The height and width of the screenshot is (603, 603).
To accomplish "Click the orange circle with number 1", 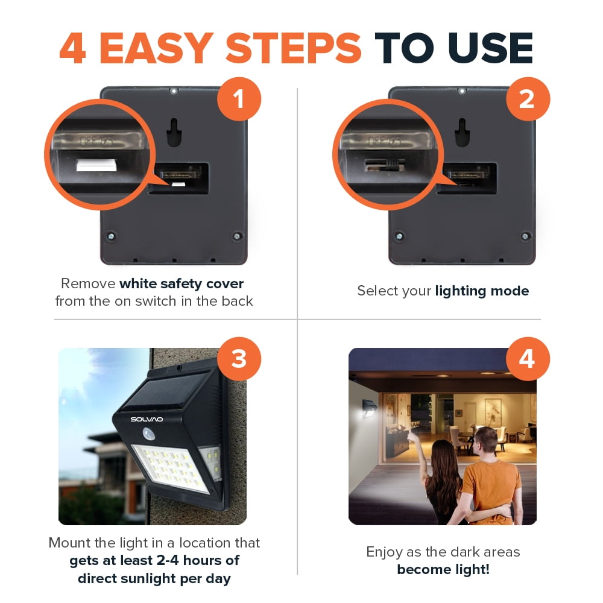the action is (x=239, y=99).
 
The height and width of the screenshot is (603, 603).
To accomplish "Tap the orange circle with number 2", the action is (x=528, y=99).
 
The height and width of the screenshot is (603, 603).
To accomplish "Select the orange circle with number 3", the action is (x=239, y=359).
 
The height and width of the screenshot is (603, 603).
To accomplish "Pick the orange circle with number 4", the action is (x=528, y=359).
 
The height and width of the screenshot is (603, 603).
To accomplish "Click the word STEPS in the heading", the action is (x=293, y=48).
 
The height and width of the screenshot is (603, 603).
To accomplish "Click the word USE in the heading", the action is (x=491, y=48).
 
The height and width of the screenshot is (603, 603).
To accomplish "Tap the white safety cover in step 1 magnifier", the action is (x=96, y=165).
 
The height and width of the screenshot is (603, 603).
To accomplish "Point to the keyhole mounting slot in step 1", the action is (x=174, y=133).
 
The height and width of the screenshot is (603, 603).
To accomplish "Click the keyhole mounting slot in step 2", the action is (x=463, y=133).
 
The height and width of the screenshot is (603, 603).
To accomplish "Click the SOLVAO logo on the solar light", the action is (x=147, y=419).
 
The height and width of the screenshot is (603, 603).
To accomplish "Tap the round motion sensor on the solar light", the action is (x=148, y=434).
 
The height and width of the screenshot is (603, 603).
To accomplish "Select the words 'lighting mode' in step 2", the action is (x=482, y=291).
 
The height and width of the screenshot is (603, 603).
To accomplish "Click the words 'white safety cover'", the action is (x=182, y=284).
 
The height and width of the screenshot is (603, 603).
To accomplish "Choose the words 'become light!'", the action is (x=443, y=570).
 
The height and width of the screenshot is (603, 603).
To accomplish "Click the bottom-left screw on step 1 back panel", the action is (x=111, y=236).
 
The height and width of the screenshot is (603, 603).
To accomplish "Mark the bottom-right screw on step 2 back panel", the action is (x=525, y=236).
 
